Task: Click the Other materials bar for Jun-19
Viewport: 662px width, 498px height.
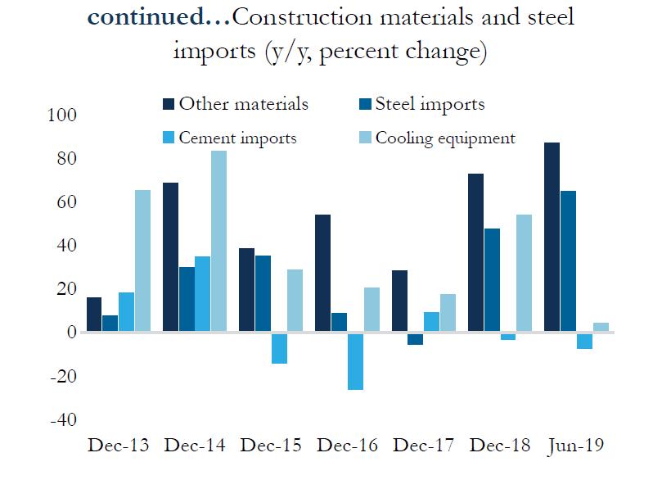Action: coord(552,238)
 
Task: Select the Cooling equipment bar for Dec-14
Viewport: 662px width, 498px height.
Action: coord(218,242)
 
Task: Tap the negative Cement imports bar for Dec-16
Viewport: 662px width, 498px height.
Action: coord(355,361)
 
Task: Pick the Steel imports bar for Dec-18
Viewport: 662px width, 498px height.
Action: coord(492,280)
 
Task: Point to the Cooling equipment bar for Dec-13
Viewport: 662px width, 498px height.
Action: coord(142,261)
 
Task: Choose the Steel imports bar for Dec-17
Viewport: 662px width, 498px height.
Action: coord(416,339)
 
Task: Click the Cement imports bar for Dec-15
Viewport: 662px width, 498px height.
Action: coord(279,348)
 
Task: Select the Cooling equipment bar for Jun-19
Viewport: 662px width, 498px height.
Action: coord(601,328)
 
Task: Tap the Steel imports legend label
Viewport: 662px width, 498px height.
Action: coord(430,104)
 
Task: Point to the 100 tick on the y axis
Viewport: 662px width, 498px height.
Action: coord(63,115)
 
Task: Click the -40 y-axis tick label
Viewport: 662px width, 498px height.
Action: coord(63,419)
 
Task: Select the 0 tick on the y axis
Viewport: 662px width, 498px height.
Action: coord(71,333)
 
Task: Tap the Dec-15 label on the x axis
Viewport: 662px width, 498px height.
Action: coord(270,446)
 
